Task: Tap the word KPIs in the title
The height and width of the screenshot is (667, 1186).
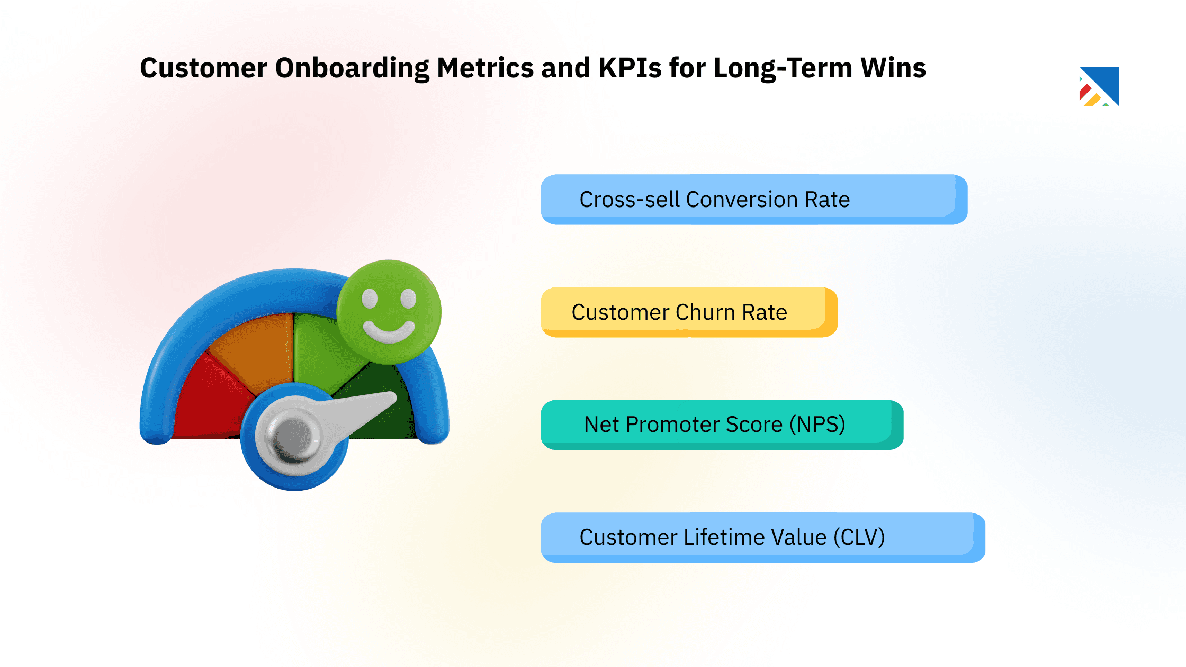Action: (x=630, y=68)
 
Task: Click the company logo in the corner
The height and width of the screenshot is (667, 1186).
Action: (x=1099, y=86)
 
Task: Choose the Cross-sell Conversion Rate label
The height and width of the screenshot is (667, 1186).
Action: (x=714, y=200)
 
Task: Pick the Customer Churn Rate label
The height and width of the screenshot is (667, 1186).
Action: (x=679, y=312)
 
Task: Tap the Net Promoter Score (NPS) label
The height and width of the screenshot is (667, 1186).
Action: (x=714, y=425)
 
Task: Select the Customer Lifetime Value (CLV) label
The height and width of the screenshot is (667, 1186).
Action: (x=732, y=537)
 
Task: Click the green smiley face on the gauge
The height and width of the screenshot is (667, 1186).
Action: (x=389, y=312)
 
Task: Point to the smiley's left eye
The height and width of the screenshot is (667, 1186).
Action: (x=370, y=299)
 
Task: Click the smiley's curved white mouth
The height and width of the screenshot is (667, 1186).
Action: (x=389, y=334)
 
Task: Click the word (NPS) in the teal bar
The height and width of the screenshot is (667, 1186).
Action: (x=817, y=425)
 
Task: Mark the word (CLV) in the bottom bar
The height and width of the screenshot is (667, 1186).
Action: (x=859, y=537)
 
